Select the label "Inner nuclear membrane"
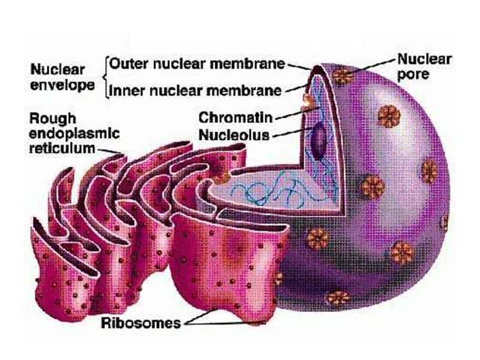196,91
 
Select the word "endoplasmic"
74,133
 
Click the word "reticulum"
61,148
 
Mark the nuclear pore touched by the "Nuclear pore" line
344,75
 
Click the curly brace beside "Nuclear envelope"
106,77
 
